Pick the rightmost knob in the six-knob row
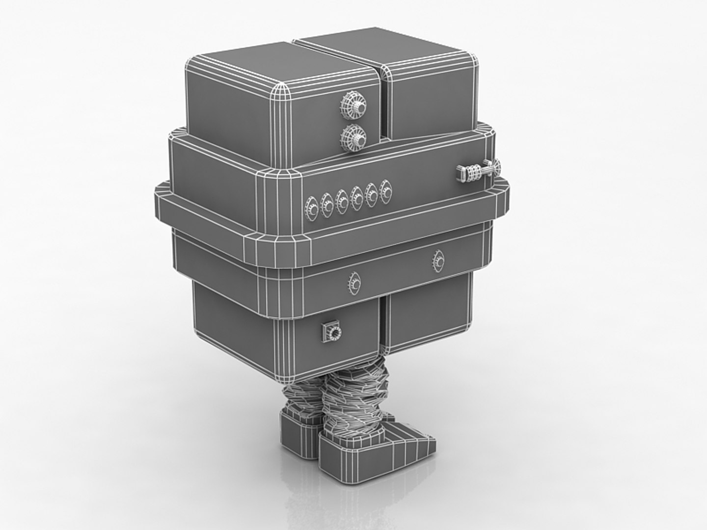click(x=386, y=192)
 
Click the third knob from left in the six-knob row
click(x=342, y=201)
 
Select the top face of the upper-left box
click(x=275, y=64)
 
